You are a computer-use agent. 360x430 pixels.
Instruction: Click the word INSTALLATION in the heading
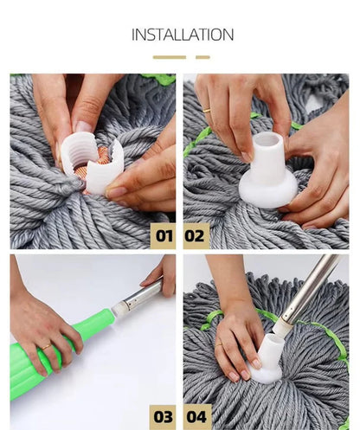click(182, 35)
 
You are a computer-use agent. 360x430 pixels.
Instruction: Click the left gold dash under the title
click(169, 57)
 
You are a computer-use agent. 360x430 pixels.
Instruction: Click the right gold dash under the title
click(202, 57)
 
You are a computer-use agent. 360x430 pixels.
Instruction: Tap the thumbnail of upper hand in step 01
click(83, 126)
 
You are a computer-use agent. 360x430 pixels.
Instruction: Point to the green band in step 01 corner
click(159, 79)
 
